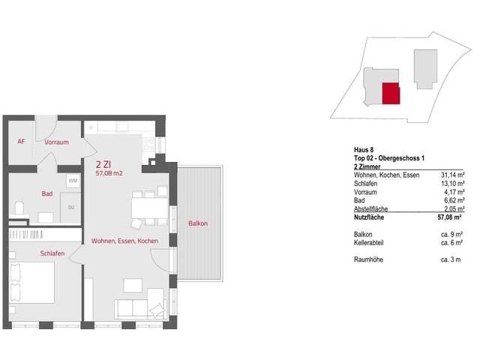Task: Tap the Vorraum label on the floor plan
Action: click(57, 142)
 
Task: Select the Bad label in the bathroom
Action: click(47, 194)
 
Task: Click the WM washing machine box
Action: click(73, 181)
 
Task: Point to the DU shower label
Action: click(71, 208)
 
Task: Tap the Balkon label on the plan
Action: click(198, 223)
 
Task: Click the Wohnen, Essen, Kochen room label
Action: click(124, 241)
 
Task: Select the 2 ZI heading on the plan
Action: click(105, 163)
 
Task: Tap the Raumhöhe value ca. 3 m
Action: click(451, 259)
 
